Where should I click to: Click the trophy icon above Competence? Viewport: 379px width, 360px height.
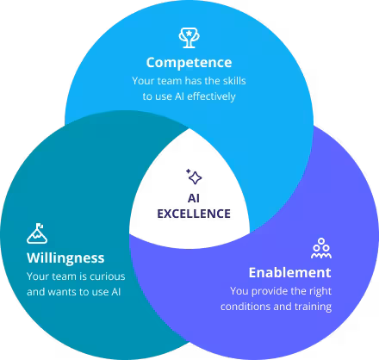[x=189, y=38]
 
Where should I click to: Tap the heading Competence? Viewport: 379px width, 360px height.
[x=189, y=63]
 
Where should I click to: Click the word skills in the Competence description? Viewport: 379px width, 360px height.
[x=234, y=81]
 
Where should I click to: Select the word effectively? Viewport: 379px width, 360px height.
[x=211, y=96]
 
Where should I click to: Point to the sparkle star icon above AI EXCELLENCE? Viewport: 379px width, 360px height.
[x=194, y=177]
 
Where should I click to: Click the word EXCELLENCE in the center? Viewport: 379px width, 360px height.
[x=194, y=214]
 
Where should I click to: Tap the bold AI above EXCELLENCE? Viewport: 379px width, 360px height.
[x=194, y=198]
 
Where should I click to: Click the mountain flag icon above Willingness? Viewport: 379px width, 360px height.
[x=37, y=233]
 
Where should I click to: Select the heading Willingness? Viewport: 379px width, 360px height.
[x=65, y=258]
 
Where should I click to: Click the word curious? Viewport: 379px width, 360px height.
[x=108, y=276]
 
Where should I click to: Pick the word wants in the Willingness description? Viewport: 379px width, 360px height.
[x=62, y=292]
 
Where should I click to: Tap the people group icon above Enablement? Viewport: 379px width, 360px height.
[x=321, y=248]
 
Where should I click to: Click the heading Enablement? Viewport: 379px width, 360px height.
[x=289, y=272]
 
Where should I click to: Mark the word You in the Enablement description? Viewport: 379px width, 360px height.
[x=239, y=291]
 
